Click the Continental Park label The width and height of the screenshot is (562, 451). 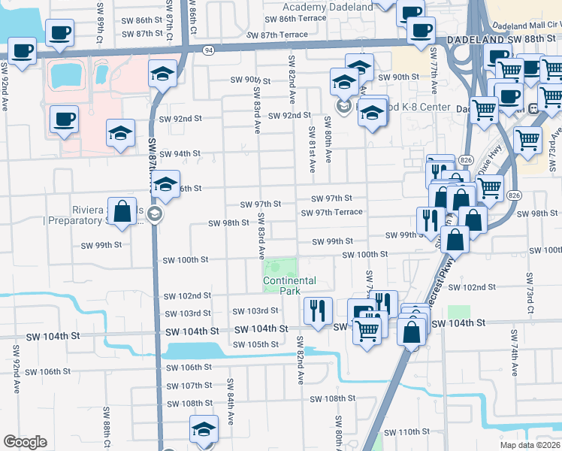tap(289, 285)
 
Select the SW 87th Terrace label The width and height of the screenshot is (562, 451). tap(276, 35)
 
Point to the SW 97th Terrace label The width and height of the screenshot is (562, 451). tap(332, 212)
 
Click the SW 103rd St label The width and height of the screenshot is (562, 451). tap(255, 310)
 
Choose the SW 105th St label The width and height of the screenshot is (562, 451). tap(255, 344)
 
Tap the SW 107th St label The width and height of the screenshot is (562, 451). tap(189, 386)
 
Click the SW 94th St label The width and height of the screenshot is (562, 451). tap(180, 153)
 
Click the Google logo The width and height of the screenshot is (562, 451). tap(25, 442)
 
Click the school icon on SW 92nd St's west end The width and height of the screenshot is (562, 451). tap(120, 133)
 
